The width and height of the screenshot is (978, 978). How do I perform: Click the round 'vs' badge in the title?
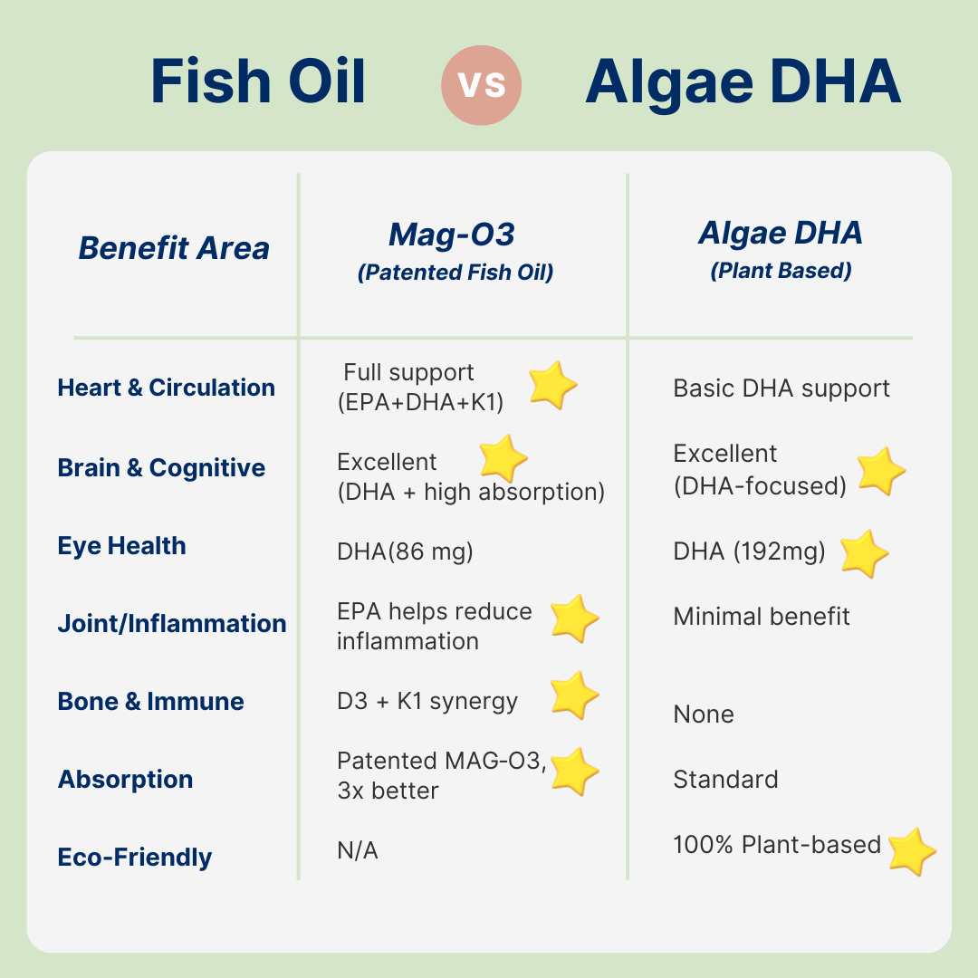coord(481,85)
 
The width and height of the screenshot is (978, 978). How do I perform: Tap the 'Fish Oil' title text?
coord(257,81)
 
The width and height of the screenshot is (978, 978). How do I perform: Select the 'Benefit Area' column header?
coord(174,247)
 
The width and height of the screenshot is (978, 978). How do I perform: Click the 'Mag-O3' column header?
coord(452,235)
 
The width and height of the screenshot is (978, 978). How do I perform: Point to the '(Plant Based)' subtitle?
coord(781,271)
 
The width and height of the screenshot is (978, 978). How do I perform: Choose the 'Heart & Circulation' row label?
coord(166,388)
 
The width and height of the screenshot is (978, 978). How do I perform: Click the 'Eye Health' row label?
coord(121,546)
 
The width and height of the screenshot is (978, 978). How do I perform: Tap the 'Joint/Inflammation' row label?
coord(172,623)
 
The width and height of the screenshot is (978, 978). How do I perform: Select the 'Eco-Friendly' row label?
coord(135,857)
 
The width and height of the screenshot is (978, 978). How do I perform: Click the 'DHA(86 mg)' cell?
coord(405,552)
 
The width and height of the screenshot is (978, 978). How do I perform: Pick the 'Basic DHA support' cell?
coord(781,388)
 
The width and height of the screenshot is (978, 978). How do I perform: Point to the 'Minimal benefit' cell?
coord(761,617)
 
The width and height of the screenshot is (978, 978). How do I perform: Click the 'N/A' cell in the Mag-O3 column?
coord(358,850)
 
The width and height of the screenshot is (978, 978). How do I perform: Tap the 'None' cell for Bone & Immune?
coord(704,714)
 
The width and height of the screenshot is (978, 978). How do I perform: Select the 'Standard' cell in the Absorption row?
coord(725,780)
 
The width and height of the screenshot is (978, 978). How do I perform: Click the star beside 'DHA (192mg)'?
coord(864,554)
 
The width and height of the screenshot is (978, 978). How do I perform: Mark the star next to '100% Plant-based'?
coord(911,851)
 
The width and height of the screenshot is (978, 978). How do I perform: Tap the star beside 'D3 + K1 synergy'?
coord(574,695)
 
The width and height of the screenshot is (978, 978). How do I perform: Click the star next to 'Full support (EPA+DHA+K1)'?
coord(552,385)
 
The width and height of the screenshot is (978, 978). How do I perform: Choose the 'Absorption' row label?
coord(125,780)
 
